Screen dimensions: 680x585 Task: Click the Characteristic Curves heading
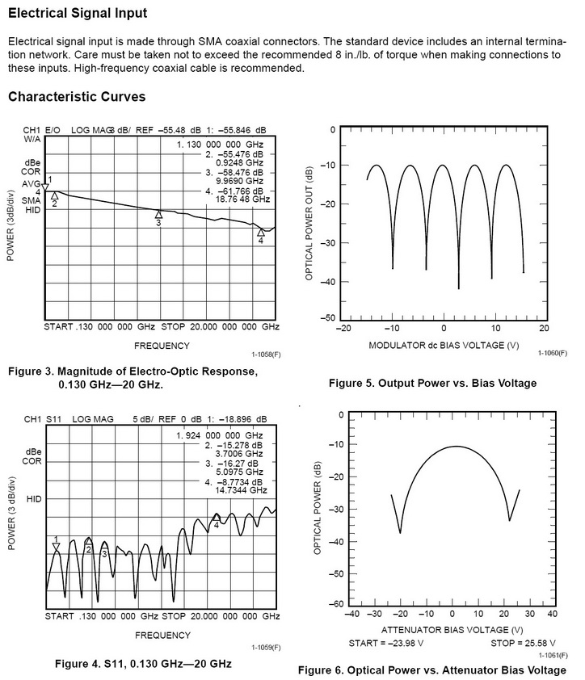tap(77, 97)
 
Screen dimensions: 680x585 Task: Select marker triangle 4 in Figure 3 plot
tap(260, 232)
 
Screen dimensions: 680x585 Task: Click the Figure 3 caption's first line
tap(131, 371)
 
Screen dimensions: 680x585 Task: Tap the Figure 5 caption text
tap(432, 383)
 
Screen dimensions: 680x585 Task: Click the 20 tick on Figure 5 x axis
tap(543, 330)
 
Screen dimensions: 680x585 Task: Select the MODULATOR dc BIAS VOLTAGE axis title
tap(443, 345)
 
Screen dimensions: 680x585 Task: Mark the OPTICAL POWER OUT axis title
tap(309, 224)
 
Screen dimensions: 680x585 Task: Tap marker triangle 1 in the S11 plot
tap(56, 547)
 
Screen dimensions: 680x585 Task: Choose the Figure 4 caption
tap(143, 663)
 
